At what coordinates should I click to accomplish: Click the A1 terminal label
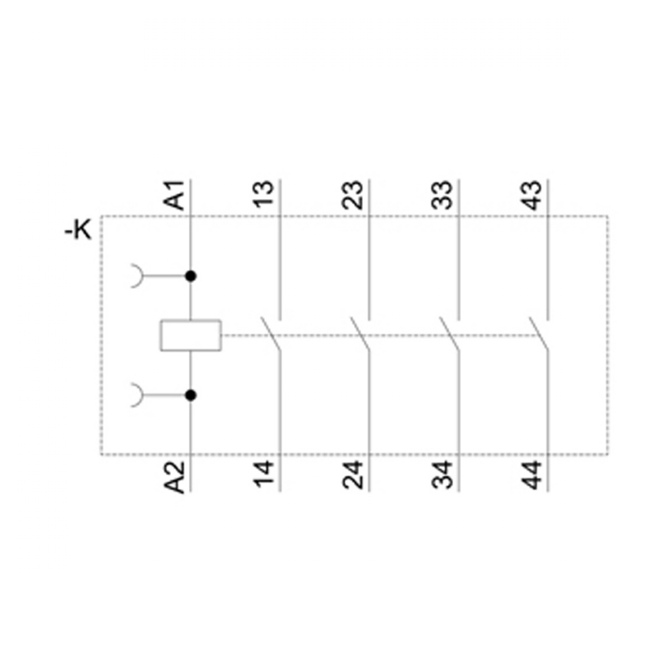175,195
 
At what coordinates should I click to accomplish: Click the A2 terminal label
175,476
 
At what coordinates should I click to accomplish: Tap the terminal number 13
264,195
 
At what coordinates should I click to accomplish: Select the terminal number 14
264,474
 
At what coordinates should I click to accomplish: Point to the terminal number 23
353,195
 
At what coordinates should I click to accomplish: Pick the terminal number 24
353,475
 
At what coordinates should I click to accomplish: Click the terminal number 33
442,195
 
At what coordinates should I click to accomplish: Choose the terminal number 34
442,475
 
